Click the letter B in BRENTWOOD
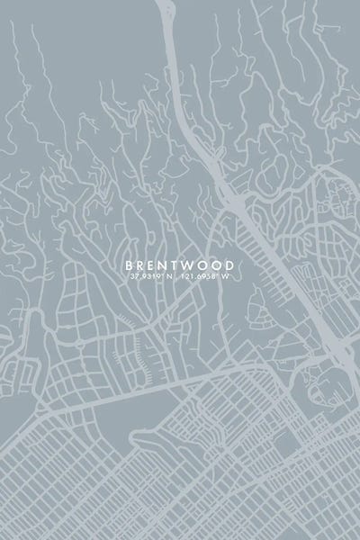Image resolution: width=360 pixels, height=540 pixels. tap(128, 265)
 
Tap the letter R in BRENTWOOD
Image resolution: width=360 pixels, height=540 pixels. tap(141, 265)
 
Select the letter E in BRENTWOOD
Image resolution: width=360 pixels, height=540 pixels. tap(154, 265)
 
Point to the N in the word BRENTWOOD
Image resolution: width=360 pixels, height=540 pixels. tap(166, 265)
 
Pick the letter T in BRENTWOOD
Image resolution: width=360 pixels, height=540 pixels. tap(179, 265)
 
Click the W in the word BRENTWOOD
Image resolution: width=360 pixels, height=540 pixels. tap(193, 265)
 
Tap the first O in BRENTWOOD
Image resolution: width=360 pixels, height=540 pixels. tap(208, 265)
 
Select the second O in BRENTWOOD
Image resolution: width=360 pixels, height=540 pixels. tap(221, 265)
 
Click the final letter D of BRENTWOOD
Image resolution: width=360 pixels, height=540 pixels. tap(233, 265)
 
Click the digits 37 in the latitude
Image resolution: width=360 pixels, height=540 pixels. tap(131, 277)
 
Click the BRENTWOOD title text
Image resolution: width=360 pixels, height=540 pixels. tap(180, 265)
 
